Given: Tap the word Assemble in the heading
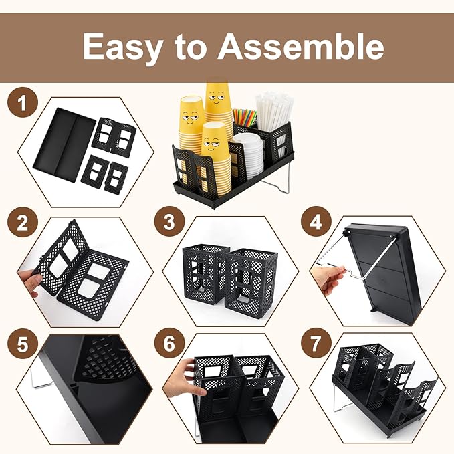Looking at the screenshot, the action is pos(301,45).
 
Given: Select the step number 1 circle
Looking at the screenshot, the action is pos(23,102).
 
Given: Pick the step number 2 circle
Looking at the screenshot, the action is pos(23,223).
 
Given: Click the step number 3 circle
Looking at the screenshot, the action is pos(169,221).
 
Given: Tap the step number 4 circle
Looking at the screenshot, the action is pos(316,221).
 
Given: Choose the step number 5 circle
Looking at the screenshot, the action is pos(23,344).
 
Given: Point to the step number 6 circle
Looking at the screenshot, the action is pos(169,343).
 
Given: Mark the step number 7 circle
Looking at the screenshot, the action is pos(316,343).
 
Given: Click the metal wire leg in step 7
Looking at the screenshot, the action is pos(337,398).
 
